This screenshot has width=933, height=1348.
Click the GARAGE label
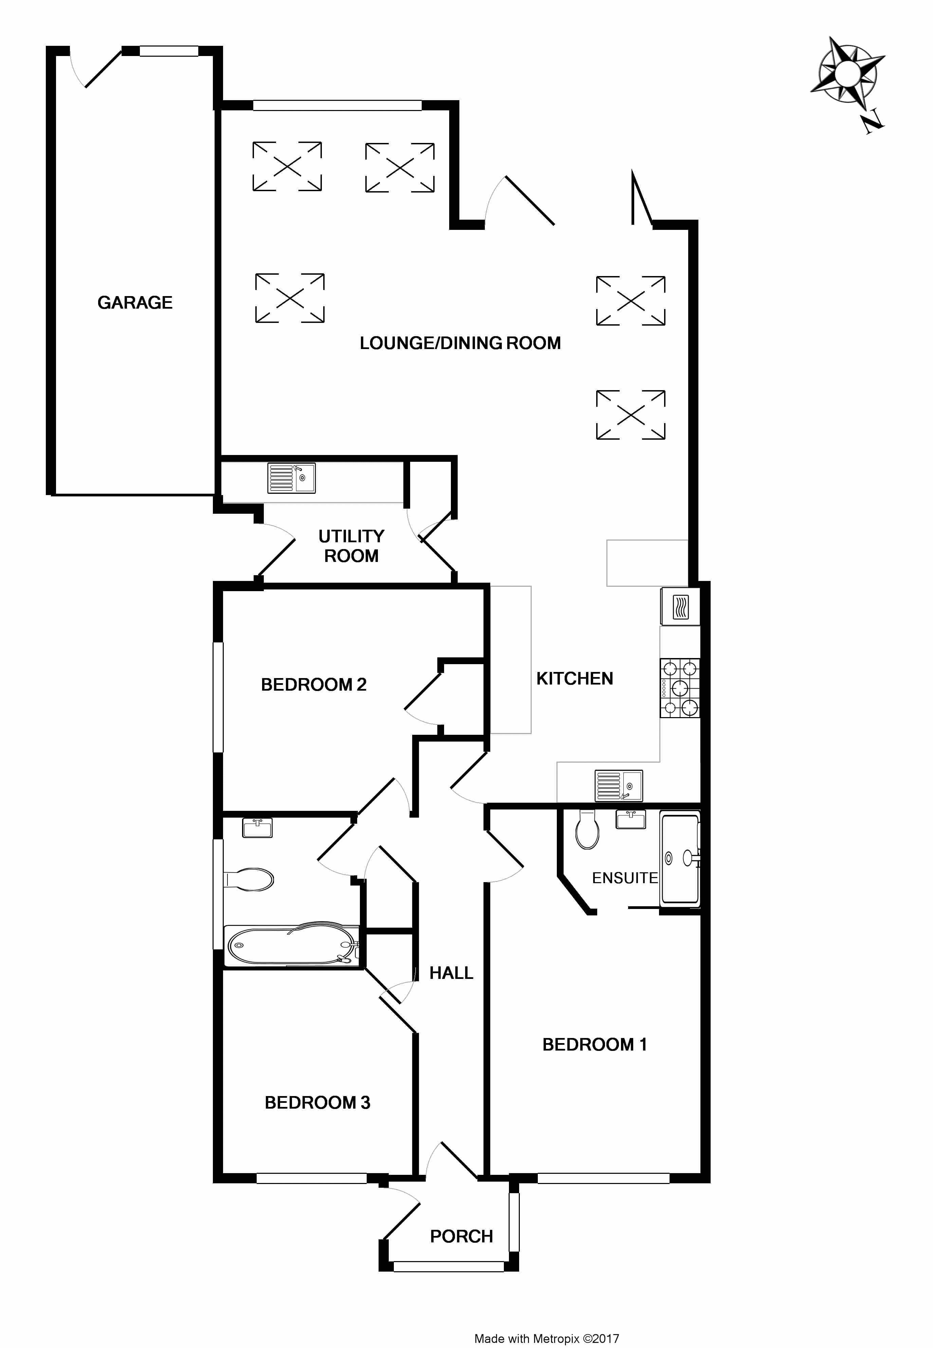pos(135,303)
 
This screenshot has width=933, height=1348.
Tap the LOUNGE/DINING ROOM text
pos(460,343)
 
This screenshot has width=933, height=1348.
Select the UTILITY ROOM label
pos(351,546)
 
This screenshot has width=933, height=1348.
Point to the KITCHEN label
pos(575,679)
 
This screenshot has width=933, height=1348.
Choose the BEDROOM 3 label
pos(317,1103)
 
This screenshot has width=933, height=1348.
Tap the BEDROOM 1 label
pos(594,1044)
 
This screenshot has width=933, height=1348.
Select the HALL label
pos(451,973)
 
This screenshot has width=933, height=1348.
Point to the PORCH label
pos(462,1236)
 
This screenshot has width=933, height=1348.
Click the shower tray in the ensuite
pos(680,858)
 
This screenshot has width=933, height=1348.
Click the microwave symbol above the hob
pos(680,606)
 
